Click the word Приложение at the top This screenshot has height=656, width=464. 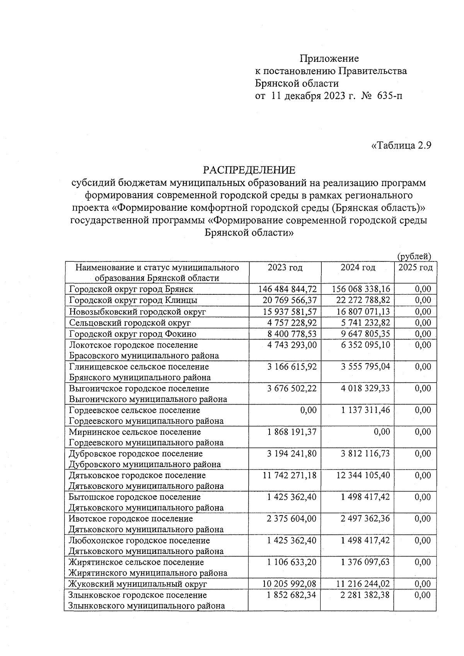tap(329, 58)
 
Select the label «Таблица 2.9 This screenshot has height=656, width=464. tap(401, 145)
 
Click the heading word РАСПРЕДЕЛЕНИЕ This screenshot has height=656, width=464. tap(249, 170)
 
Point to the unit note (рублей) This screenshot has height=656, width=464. tap(414, 256)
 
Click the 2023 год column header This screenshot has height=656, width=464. tap(285, 268)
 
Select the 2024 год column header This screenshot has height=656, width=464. tap(358, 268)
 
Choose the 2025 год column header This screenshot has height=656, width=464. tap(415, 268)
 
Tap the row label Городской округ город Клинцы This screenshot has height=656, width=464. tap(133, 300)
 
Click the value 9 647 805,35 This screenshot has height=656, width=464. tap(365, 334)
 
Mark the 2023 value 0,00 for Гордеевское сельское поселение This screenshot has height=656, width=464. tap(308, 410)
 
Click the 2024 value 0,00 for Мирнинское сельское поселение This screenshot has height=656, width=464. tap(382, 432)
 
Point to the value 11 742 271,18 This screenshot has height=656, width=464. tap(289, 475)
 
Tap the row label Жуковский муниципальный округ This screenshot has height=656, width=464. tap(138, 584)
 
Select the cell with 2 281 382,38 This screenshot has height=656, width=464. tap(365, 595)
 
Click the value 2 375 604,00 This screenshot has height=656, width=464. tap(292, 519)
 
